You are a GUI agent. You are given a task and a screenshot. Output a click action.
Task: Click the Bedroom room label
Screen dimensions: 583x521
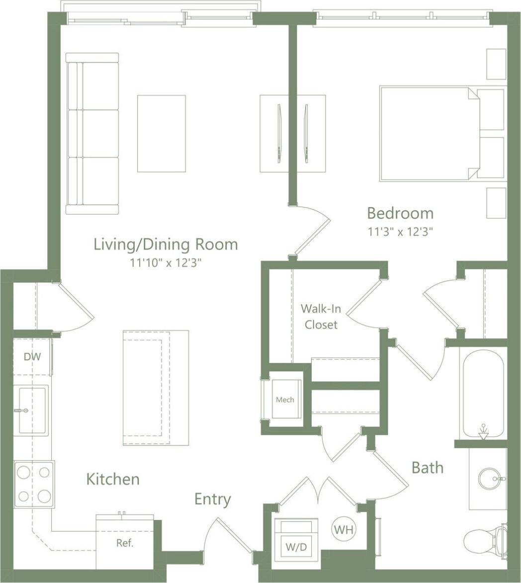(400, 214)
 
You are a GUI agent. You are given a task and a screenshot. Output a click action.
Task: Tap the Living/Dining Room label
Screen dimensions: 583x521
(166, 244)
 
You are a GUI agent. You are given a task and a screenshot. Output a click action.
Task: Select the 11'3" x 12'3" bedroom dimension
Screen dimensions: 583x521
(400, 231)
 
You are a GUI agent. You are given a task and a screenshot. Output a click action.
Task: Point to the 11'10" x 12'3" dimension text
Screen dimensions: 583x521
(166, 262)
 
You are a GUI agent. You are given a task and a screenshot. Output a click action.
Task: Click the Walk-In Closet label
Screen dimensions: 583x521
(321, 316)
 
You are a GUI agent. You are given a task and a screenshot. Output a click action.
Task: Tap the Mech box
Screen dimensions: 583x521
(285, 399)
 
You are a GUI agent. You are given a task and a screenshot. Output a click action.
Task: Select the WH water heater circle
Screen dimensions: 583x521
(344, 529)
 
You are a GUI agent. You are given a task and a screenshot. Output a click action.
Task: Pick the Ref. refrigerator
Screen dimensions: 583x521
(125, 543)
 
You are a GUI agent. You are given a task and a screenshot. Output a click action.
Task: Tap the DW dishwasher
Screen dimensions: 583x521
(32, 357)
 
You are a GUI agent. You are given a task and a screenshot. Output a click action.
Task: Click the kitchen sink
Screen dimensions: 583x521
(32, 410)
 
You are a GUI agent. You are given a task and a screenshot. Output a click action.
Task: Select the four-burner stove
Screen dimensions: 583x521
(34, 484)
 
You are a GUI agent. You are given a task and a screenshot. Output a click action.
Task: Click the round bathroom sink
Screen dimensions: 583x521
(489, 479)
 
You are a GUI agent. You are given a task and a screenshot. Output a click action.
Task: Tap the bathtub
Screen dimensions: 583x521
(483, 392)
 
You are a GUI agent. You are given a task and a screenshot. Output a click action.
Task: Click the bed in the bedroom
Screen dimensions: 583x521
(430, 134)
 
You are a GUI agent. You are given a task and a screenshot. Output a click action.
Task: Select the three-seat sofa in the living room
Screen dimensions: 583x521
(92, 134)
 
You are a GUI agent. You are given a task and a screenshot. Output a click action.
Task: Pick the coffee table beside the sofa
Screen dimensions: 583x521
(162, 134)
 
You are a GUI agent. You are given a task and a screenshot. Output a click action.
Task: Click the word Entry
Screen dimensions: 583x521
(212, 499)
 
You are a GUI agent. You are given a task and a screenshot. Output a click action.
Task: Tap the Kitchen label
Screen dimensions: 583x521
(113, 479)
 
